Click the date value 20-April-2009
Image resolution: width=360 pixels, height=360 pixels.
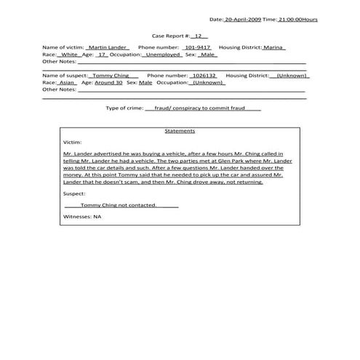[242, 19]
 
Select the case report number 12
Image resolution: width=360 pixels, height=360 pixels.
[199, 35]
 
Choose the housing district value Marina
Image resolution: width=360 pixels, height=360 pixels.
[273, 47]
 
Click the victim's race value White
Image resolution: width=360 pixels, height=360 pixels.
[70, 54]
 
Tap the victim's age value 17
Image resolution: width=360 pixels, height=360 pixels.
[103, 54]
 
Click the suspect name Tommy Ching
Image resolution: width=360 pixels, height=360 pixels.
[112, 75]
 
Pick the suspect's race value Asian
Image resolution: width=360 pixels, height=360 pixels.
[67, 82]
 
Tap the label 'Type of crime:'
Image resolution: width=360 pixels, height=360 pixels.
[124, 108]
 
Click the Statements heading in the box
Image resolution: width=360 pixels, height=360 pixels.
[180, 132]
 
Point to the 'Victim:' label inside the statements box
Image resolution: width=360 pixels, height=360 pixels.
[73, 143]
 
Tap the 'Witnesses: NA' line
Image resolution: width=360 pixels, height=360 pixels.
[81, 217]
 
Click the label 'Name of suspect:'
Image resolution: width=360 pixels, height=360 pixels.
[65, 75]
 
